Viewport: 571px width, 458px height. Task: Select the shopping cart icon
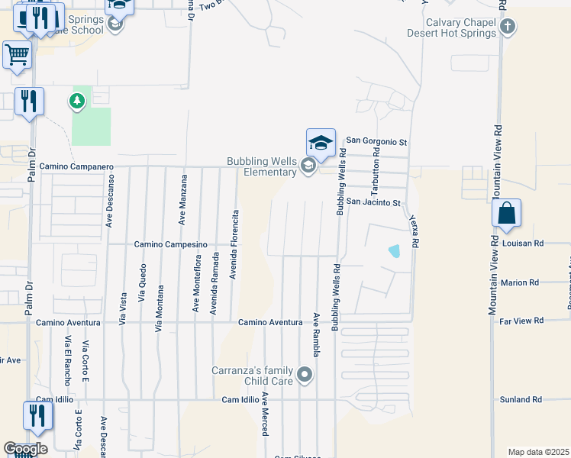[17, 55]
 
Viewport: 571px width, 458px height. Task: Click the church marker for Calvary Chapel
[508, 28]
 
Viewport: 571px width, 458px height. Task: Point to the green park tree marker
[76, 101]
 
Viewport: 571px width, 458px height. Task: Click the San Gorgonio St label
[377, 141]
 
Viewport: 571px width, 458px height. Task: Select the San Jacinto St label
[373, 202]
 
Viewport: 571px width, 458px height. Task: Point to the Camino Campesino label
[171, 244]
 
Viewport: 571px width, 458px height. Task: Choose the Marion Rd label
[520, 282]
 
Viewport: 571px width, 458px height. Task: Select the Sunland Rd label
[521, 399]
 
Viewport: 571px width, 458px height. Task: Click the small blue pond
[394, 250]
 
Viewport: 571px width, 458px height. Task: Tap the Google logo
[25, 449]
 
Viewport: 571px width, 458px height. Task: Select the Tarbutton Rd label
[376, 172]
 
